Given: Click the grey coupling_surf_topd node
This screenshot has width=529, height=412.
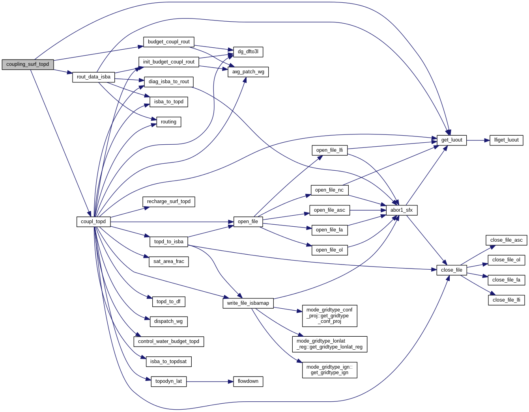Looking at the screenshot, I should pos(28,64).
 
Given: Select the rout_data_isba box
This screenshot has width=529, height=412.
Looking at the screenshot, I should pos(93,77).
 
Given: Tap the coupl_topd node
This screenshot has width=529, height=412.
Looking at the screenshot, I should pos(93,222).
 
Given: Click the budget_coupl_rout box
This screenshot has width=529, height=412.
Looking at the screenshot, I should pos(168,42).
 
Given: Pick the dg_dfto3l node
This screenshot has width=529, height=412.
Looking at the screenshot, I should pos(248,52).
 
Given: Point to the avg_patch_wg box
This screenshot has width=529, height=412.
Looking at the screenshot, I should pos(248,72).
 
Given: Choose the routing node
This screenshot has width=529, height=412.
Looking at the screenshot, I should pos(168,122).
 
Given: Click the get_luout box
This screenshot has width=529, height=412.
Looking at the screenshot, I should pos(451,140).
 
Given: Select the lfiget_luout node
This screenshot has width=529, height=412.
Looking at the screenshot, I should pos(506,140).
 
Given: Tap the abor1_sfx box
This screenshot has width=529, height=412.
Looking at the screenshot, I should pos(401,210).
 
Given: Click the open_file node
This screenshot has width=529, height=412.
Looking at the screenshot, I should pos(248,222).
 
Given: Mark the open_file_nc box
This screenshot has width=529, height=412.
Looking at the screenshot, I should pos(329,190).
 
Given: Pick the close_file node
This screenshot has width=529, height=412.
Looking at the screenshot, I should pos(451,270).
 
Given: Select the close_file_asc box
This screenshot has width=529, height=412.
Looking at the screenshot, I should pos(506,240).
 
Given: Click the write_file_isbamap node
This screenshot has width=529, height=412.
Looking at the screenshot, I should pos(248,303).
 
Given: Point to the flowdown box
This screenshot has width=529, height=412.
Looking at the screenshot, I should pos(248,381).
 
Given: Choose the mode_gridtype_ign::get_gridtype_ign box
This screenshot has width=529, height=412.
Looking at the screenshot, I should pos(329,370).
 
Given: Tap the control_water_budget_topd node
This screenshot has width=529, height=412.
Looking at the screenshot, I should pos(168,341).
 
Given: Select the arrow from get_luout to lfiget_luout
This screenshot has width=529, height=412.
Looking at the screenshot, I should pos(478,140).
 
